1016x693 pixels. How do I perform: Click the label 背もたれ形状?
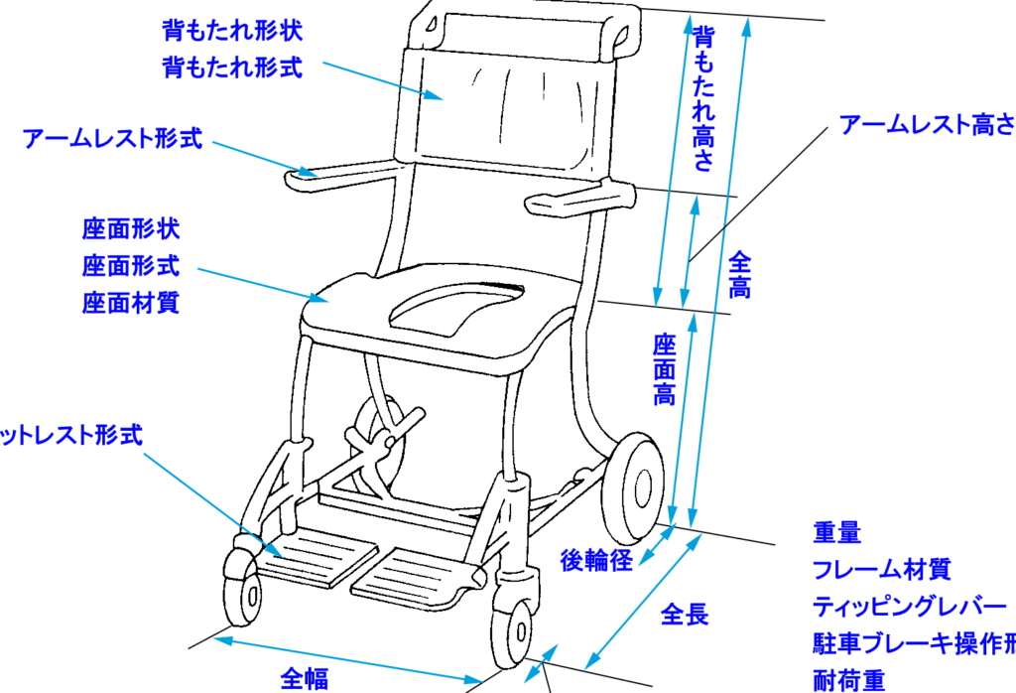(232, 30)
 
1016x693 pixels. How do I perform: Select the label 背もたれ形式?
(232, 69)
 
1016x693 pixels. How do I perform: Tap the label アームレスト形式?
(113, 139)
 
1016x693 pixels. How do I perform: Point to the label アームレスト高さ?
(927, 125)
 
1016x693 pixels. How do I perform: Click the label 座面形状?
(130, 230)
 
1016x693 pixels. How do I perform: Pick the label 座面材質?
(130, 303)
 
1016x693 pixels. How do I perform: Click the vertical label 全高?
(740, 275)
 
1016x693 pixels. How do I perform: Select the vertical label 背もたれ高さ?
(703, 99)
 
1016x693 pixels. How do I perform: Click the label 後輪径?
(596, 560)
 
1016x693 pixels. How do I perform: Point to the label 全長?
(685, 614)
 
